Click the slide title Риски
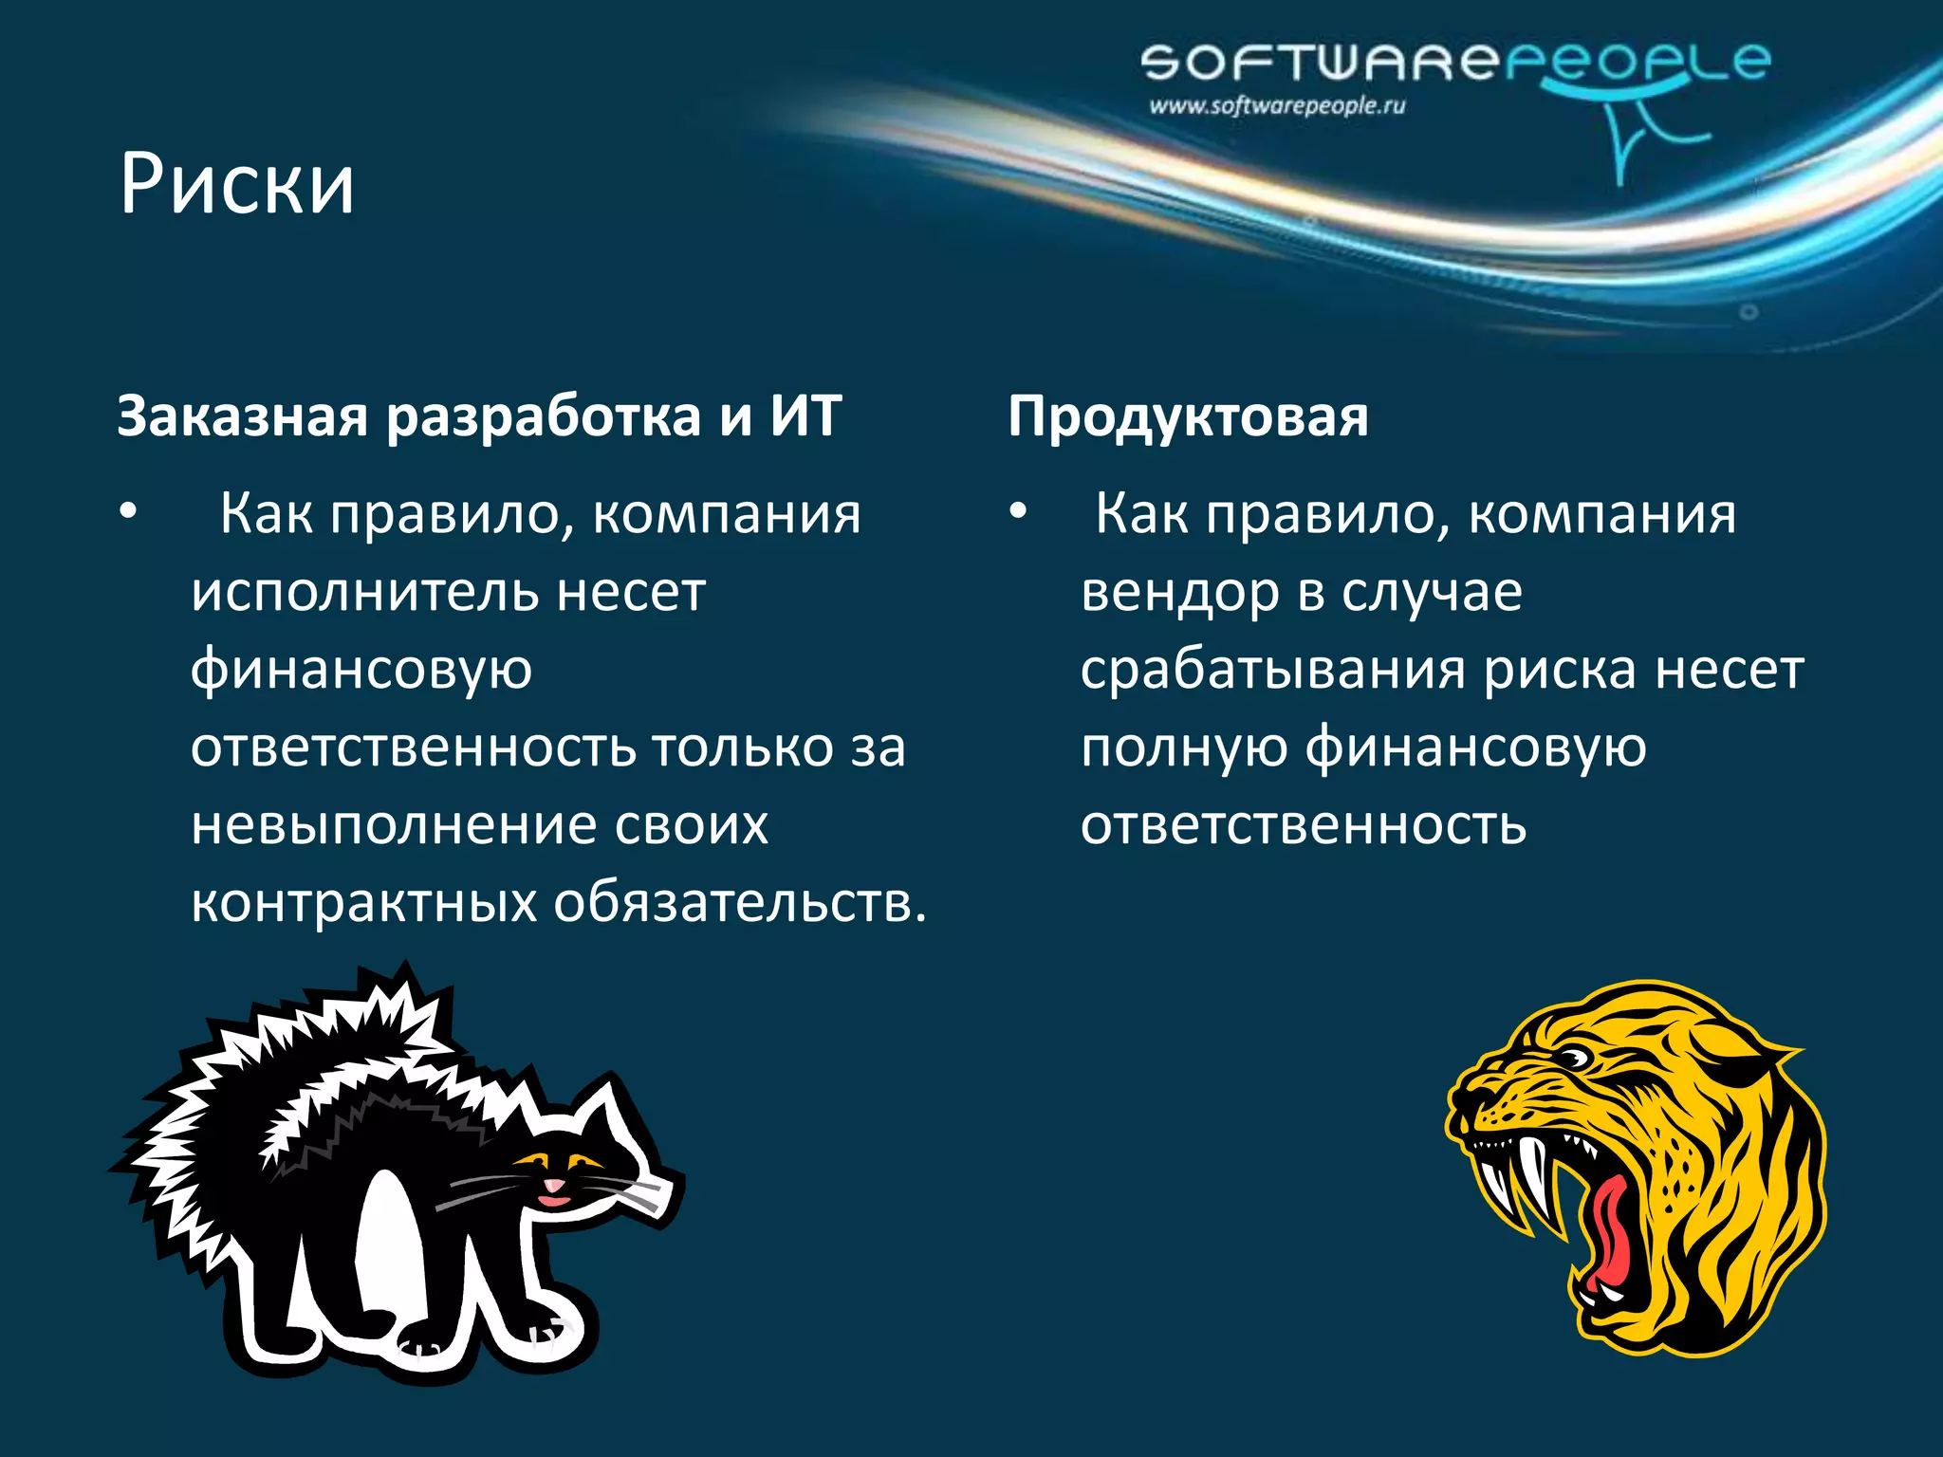pyautogui.click(x=236, y=184)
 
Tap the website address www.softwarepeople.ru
pyautogui.click(x=1277, y=105)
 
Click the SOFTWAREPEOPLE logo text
pyautogui.click(x=1454, y=63)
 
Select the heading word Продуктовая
pyautogui.click(x=1188, y=415)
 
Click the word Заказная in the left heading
pyautogui.click(x=242, y=415)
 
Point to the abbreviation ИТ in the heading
pyautogui.click(x=805, y=415)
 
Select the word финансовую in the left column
pyautogui.click(x=361, y=670)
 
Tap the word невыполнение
pyautogui.click(x=390, y=824)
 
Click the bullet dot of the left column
pyautogui.click(x=128, y=513)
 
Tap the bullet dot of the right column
pyautogui.click(x=1018, y=513)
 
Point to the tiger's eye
pyautogui.click(x=1575, y=1058)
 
